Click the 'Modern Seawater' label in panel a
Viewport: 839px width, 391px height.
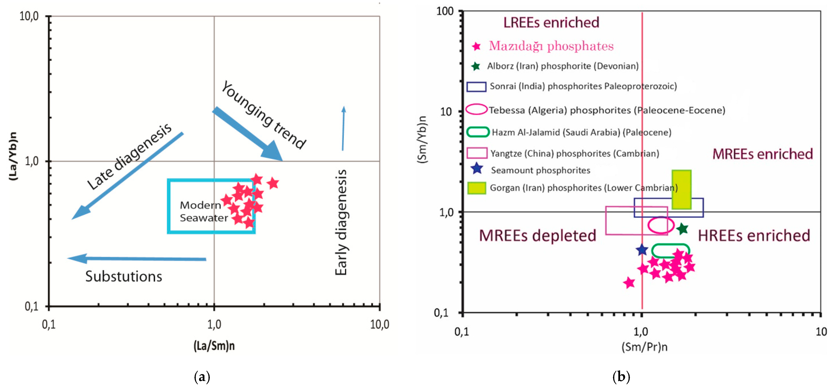[203, 211]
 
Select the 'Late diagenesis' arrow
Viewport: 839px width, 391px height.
[127, 176]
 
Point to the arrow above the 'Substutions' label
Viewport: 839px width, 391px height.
[137, 259]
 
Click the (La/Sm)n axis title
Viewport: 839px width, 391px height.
[214, 346]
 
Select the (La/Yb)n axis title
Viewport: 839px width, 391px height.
[13, 156]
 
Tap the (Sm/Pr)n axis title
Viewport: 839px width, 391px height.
[644, 347]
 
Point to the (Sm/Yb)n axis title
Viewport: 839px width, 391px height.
[422, 140]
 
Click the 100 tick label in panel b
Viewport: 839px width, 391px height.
[445, 11]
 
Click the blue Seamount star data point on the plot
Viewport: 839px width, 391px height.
[642, 250]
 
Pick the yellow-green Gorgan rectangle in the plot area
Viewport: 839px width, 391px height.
[681, 189]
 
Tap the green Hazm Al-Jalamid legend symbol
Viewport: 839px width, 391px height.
[478, 132]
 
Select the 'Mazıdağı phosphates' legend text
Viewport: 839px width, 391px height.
[551, 46]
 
